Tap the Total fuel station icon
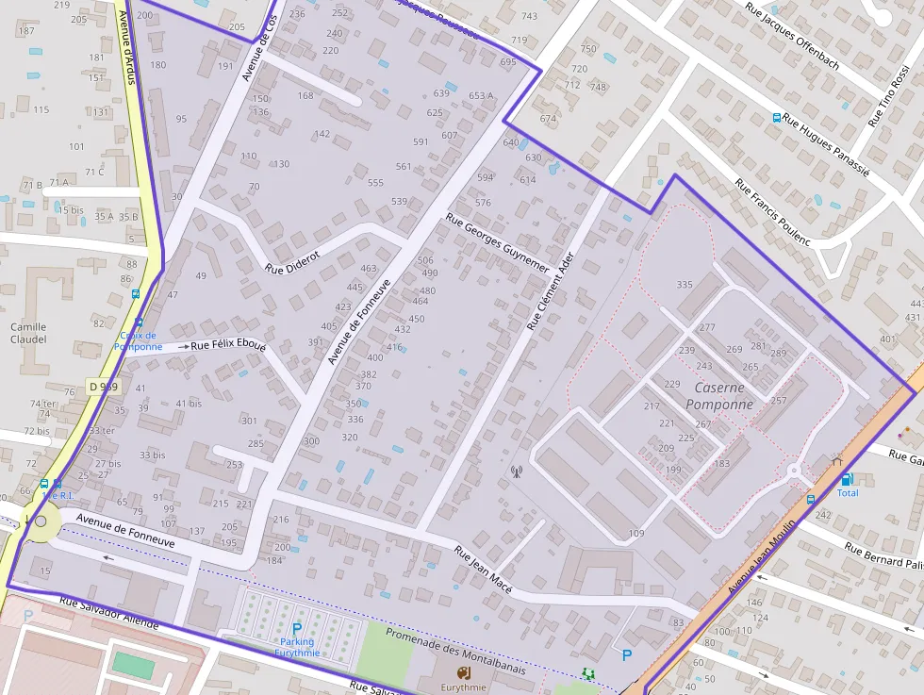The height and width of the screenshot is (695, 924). (847, 479)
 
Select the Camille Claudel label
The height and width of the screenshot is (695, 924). (28, 333)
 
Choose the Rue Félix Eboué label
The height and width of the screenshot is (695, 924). (228, 345)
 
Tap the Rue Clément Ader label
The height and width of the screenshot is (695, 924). (550, 296)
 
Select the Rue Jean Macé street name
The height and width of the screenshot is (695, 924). (483, 570)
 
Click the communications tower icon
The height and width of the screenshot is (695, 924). (516, 472)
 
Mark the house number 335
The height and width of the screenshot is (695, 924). (685, 285)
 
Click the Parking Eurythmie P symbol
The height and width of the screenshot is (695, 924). (297, 628)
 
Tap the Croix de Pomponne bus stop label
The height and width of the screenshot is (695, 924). (138, 340)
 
